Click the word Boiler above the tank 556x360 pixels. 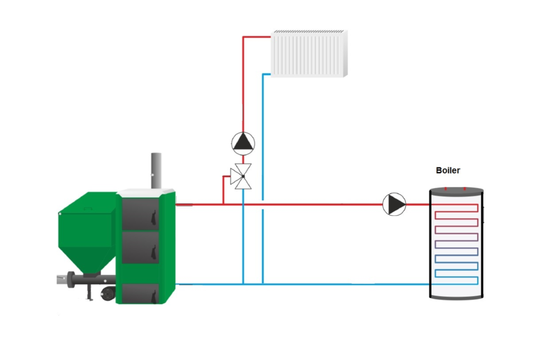448,170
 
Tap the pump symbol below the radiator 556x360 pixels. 243,143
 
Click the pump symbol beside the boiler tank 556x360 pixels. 394,204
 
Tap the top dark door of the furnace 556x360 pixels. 141,214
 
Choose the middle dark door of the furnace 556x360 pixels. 141,246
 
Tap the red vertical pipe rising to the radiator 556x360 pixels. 243,83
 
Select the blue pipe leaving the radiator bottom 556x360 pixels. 262,167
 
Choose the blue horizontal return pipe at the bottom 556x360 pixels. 334,284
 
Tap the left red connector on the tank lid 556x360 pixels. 449,189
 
